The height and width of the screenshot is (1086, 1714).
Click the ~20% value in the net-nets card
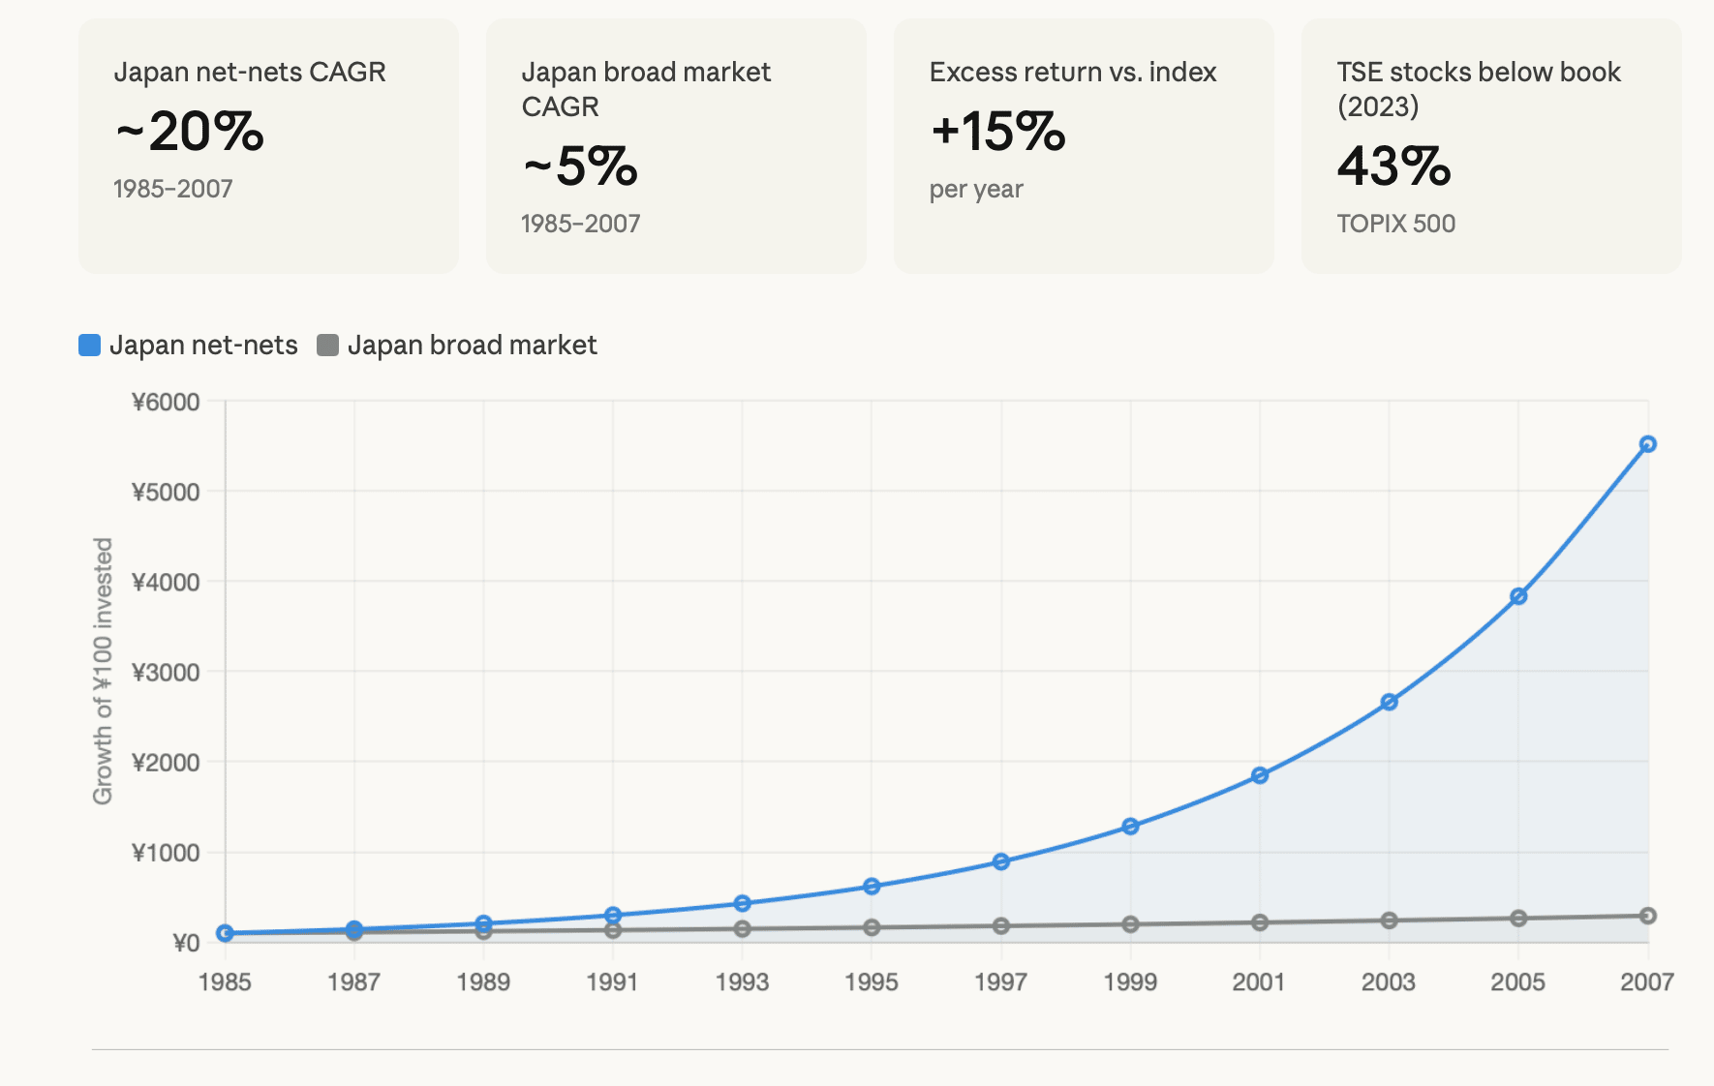[x=190, y=132]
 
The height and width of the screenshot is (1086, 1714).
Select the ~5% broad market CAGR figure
[x=581, y=166]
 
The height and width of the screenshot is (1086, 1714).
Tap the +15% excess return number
[x=998, y=132]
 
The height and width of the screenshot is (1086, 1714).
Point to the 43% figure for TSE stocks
[x=1394, y=166]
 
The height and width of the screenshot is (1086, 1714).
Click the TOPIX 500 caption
[x=1395, y=224]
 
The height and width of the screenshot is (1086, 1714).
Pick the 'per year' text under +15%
[x=976, y=189]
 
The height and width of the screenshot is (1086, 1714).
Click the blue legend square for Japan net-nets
[x=89, y=346]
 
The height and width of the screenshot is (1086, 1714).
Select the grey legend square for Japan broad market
[x=328, y=346]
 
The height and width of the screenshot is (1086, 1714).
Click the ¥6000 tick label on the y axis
[x=166, y=402]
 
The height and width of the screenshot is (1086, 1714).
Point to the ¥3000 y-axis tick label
[x=166, y=672]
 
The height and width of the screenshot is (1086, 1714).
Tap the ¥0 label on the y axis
[x=186, y=943]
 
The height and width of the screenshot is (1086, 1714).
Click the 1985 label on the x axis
[x=225, y=982]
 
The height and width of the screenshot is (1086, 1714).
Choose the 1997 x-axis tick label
[x=1000, y=982]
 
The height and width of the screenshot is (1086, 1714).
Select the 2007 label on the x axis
[x=1646, y=982]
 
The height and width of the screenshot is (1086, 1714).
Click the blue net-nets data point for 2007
[x=1647, y=444]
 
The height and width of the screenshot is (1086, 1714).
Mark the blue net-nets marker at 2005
[x=1518, y=596]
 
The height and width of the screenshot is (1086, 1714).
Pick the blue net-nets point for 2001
[x=1260, y=775]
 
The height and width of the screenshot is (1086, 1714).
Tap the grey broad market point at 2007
[x=1647, y=916]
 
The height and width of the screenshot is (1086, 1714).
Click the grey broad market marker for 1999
[x=1130, y=924]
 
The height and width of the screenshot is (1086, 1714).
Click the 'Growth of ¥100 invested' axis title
[x=103, y=671]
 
